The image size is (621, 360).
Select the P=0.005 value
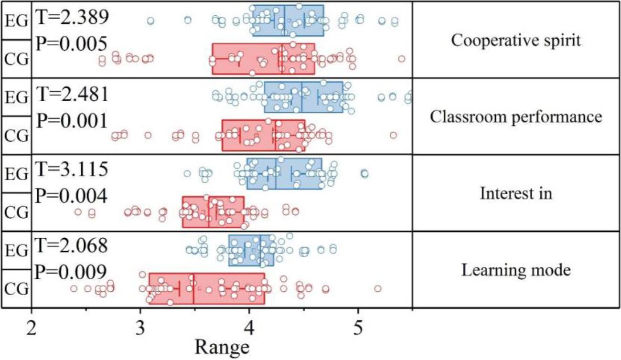pyautogui.click(x=71, y=44)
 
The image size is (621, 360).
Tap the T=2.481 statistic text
pyautogui.click(x=73, y=94)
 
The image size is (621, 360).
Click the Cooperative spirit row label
pyautogui.click(x=516, y=41)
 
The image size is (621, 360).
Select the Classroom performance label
pyautogui.click(x=516, y=117)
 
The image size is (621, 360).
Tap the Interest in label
pyautogui.click(x=516, y=193)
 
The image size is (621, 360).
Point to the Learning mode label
pyautogui.click(x=516, y=271)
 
